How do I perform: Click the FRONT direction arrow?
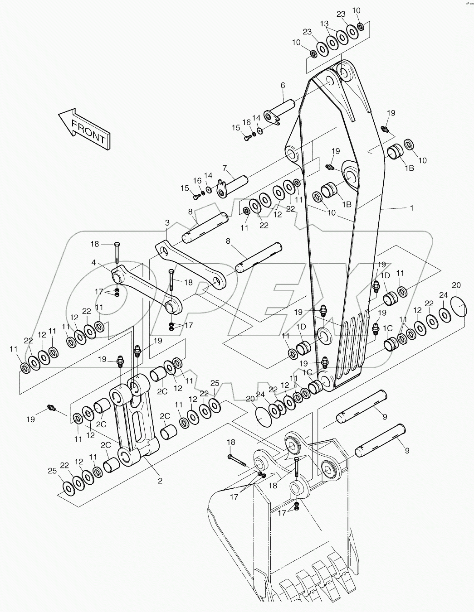(x=83, y=128)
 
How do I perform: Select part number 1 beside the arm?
(x=411, y=208)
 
